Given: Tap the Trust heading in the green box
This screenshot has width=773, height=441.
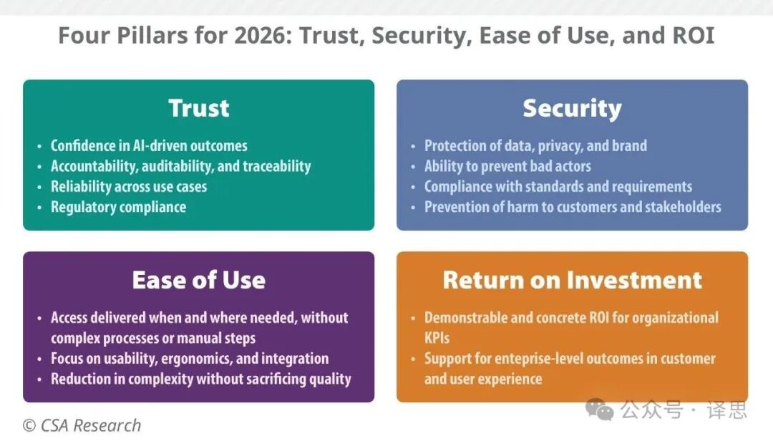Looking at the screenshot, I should point(199,108).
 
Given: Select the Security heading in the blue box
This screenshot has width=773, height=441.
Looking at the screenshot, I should point(572,108).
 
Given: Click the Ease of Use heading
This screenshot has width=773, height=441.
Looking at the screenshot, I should point(199,280).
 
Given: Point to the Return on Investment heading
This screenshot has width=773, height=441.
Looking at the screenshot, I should point(572,280).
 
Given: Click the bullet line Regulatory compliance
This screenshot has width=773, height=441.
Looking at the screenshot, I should point(118,208).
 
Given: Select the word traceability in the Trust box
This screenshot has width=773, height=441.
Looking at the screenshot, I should point(276,167).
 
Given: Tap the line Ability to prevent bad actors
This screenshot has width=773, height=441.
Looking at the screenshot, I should point(507,167).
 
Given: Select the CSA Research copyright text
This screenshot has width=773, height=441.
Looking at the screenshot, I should point(82,425).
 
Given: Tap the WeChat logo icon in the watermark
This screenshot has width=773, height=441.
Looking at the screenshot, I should point(600,410).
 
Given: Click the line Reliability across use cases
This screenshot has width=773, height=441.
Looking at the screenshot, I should point(129,187).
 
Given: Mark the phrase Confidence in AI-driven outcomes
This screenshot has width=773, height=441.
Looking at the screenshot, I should point(149,146).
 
